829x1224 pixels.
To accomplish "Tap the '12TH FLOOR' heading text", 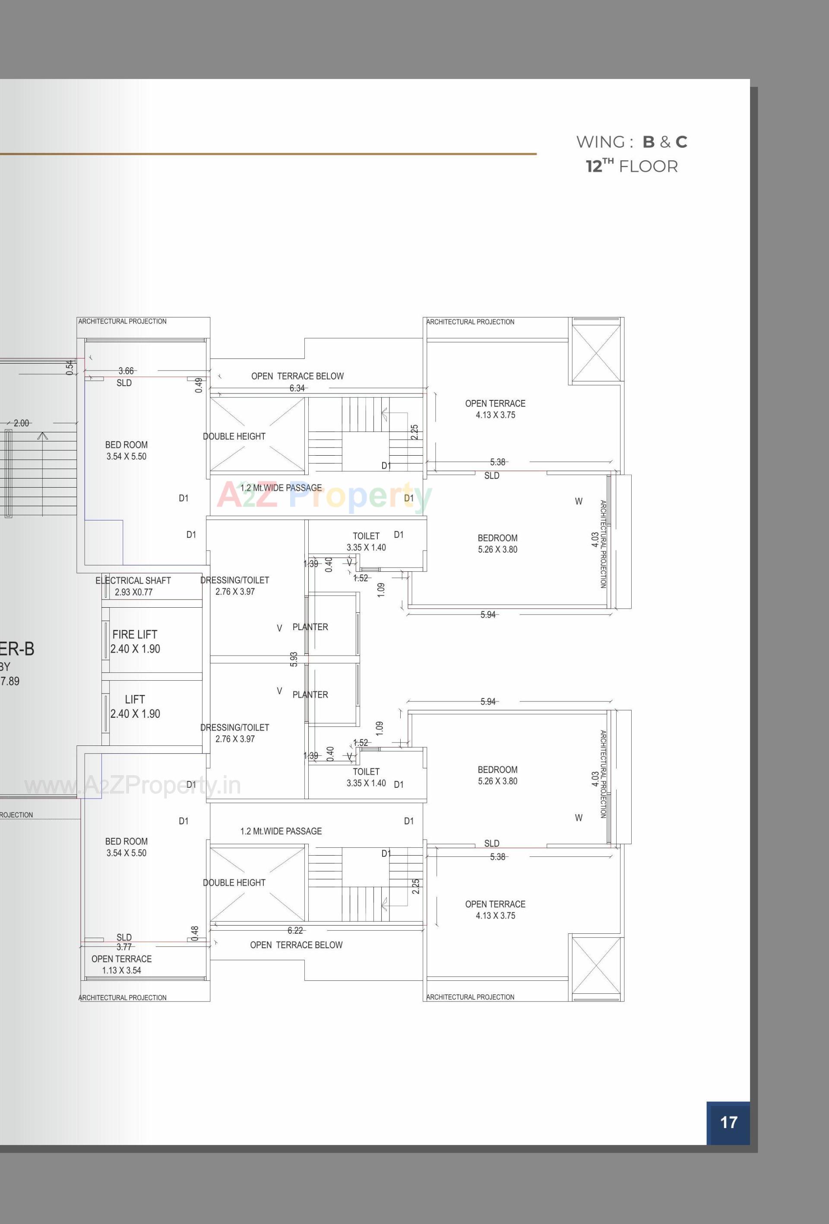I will point(632,166).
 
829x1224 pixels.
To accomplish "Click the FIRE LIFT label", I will point(135,634).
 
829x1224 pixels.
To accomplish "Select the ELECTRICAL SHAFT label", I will point(133,580).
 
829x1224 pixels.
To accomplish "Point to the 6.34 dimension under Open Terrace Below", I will point(297,388).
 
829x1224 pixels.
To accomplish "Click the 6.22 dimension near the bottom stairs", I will point(295,931).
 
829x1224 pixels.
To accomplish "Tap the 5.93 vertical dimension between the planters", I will point(294,660).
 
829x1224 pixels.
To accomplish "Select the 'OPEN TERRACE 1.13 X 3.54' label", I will point(122,964).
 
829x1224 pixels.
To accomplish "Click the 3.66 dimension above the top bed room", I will point(126,371).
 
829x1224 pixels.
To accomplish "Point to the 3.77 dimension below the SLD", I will point(124,947).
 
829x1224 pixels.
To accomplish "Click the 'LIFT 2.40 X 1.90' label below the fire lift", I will point(135,706).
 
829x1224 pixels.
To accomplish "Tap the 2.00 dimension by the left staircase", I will point(22,423).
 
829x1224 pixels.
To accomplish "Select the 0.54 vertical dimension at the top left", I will point(70,368).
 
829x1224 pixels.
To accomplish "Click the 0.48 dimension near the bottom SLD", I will point(195,933).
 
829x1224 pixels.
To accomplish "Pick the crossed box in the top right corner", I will point(596,353).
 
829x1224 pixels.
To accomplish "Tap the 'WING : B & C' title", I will point(632,142).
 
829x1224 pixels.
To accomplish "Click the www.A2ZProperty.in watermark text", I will point(133,786).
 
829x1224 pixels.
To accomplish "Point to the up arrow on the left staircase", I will point(43,435).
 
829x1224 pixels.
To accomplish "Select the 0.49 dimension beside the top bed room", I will point(199,385).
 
